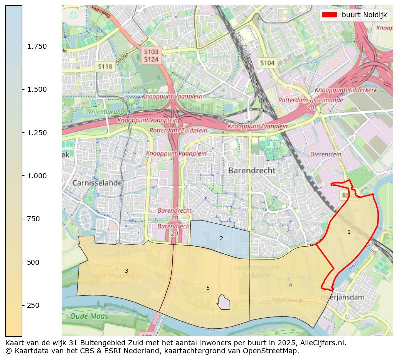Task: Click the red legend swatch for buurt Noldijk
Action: pyautogui.click(x=329, y=15)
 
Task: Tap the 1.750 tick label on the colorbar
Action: pyautogui.click(x=37, y=46)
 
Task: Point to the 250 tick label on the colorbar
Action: pyautogui.click(x=33, y=305)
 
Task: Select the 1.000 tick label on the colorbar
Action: pyautogui.click(x=37, y=176)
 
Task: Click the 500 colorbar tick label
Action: pyautogui.click(x=33, y=262)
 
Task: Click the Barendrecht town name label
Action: pyautogui.click(x=251, y=170)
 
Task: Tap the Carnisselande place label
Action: pyautogui.click(x=97, y=183)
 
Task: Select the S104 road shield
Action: pyautogui.click(x=267, y=63)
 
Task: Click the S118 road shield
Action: pyautogui.click(x=105, y=66)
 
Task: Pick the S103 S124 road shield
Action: pyautogui.click(x=151, y=56)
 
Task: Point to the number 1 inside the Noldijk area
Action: pyautogui.click(x=349, y=232)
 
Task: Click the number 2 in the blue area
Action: pyautogui.click(x=221, y=238)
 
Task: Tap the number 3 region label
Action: pyautogui.click(x=126, y=271)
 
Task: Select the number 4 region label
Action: pyautogui.click(x=290, y=285)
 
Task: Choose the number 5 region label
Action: pyautogui.click(x=208, y=288)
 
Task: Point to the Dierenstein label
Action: pyautogui.click(x=326, y=155)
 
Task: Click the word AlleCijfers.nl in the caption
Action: pyautogui.click(x=321, y=343)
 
